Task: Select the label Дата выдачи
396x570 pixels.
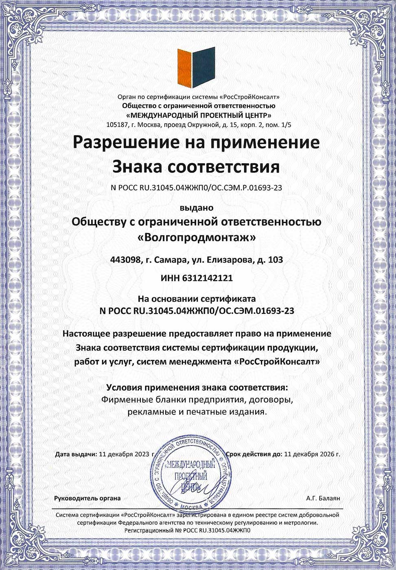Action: point(76,454)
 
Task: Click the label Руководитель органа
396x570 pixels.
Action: point(88,498)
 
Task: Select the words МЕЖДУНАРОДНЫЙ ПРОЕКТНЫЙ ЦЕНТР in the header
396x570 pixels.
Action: point(199,115)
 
